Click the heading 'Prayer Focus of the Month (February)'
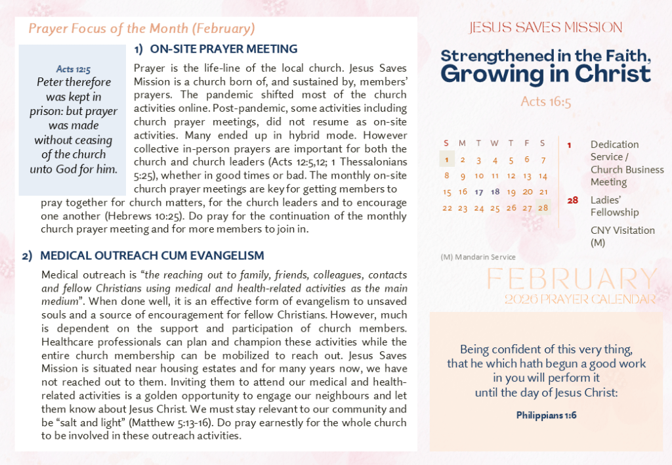pyautogui.click(x=142, y=29)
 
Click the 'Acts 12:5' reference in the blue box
pyautogui.click(x=73, y=68)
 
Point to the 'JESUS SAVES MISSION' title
pyautogui.click(x=545, y=28)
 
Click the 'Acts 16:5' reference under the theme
pyautogui.click(x=545, y=101)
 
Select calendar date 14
pyautogui.click(x=543, y=175)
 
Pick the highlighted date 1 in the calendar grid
pyautogui.click(x=447, y=159)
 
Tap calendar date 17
pyautogui.click(x=479, y=192)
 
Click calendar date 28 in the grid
pyautogui.click(x=543, y=208)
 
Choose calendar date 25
pyautogui.click(x=495, y=208)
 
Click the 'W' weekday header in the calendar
pyautogui.click(x=495, y=143)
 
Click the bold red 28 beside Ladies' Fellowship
pyautogui.click(x=572, y=200)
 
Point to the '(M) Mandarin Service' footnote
pyautogui.click(x=478, y=257)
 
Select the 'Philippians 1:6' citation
pyautogui.click(x=546, y=415)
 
